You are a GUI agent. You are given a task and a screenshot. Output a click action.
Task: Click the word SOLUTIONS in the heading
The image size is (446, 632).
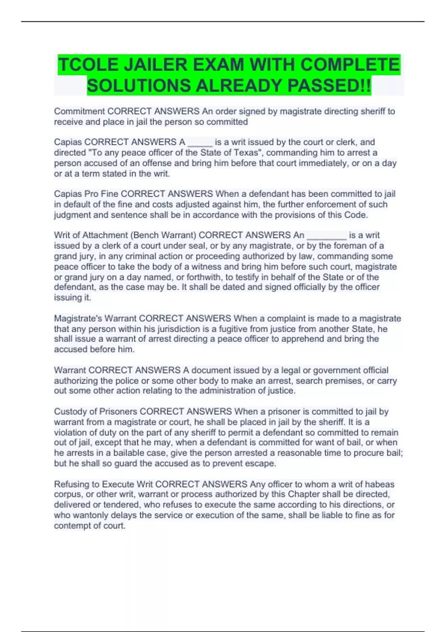click(139, 86)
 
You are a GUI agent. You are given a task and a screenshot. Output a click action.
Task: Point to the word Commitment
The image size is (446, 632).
click(80, 111)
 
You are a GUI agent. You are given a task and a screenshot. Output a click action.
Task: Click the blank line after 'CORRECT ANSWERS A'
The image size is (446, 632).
click(200, 142)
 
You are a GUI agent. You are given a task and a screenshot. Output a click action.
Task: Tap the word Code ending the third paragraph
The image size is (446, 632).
click(356, 215)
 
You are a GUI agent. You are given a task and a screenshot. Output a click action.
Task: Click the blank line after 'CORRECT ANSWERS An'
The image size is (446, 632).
click(327, 236)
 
